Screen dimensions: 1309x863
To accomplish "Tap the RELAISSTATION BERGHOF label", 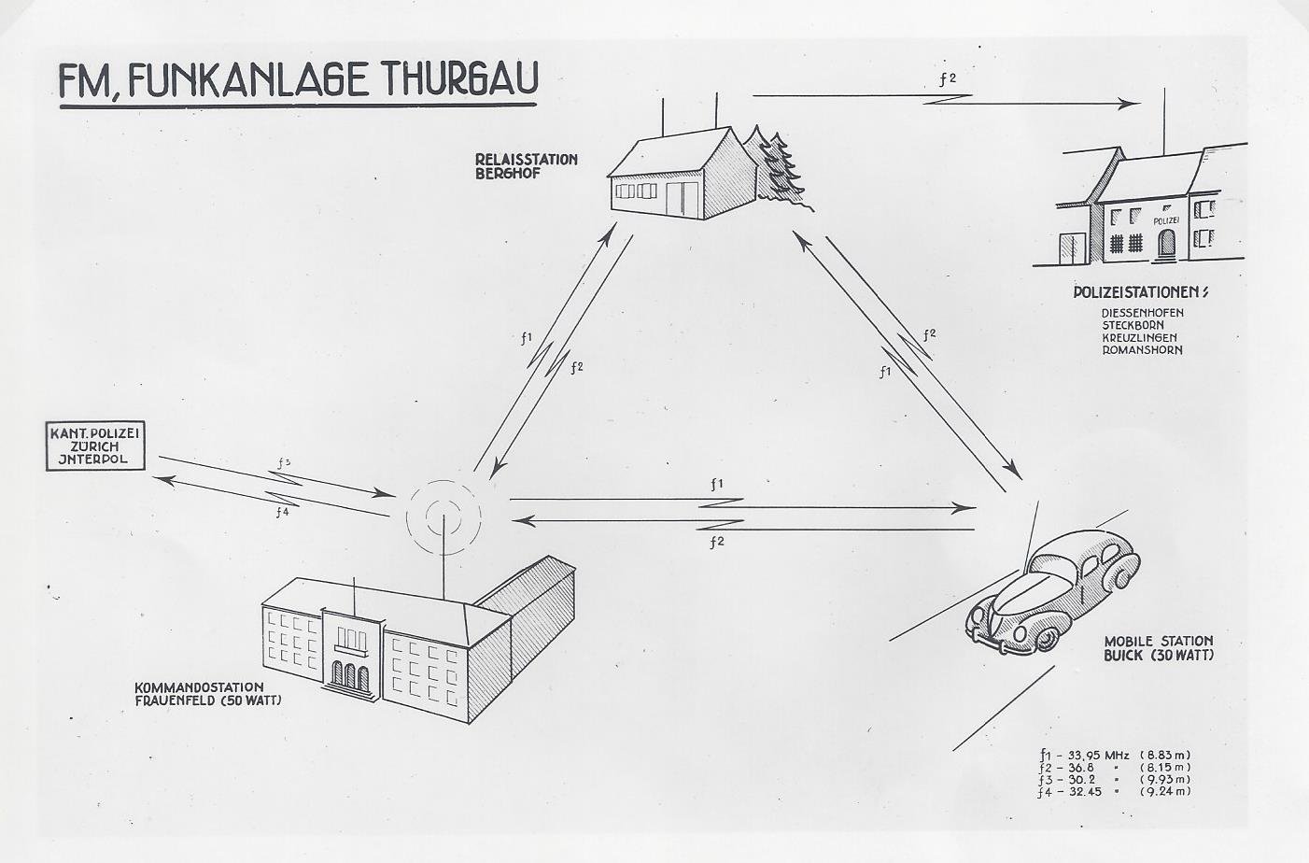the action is click(526, 166).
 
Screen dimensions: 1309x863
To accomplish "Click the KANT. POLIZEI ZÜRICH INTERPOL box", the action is click(95, 446).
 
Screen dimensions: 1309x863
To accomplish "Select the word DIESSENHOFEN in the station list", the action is click(1143, 313).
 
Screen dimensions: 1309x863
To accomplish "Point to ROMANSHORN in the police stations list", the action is click(1142, 350).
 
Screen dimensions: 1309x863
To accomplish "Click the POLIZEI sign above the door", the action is click(1166, 220).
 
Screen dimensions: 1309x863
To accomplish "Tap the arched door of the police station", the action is click(1166, 243).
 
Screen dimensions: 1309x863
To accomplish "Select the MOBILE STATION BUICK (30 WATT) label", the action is click(1159, 648).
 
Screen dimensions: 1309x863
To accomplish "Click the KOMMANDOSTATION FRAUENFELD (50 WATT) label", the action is click(208, 693).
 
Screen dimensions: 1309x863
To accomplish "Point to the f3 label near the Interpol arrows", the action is click(284, 463).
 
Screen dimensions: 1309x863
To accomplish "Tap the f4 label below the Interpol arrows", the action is click(283, 512).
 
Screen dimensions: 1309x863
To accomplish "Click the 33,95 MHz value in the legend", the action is click(1095, 755).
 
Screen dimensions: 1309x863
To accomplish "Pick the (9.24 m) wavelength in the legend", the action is click(1164, 792).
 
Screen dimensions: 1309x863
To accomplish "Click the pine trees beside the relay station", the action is click(776, 166).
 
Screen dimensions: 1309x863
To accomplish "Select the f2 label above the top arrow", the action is click(948, 80).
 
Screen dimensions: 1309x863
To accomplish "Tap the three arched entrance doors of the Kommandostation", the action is click(350, 675).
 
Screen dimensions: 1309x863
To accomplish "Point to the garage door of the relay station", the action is click(682, 199).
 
